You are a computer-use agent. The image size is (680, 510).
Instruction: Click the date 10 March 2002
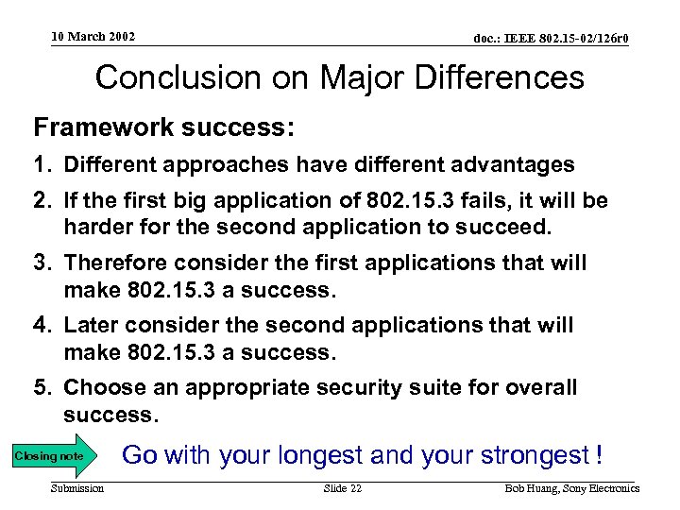coord(93,37)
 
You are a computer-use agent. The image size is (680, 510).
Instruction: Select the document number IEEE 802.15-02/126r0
coord(552,39)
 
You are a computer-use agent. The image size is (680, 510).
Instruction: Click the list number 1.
coord(42,164)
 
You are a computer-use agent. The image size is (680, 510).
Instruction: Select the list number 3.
coord(42,262)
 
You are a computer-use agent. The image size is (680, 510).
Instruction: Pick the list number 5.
coord(42,388)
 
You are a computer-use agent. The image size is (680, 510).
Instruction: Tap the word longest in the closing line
coord(315,455)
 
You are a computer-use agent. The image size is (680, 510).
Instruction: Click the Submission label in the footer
coord(77,488)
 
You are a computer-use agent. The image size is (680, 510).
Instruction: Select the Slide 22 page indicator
coord(342,488)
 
